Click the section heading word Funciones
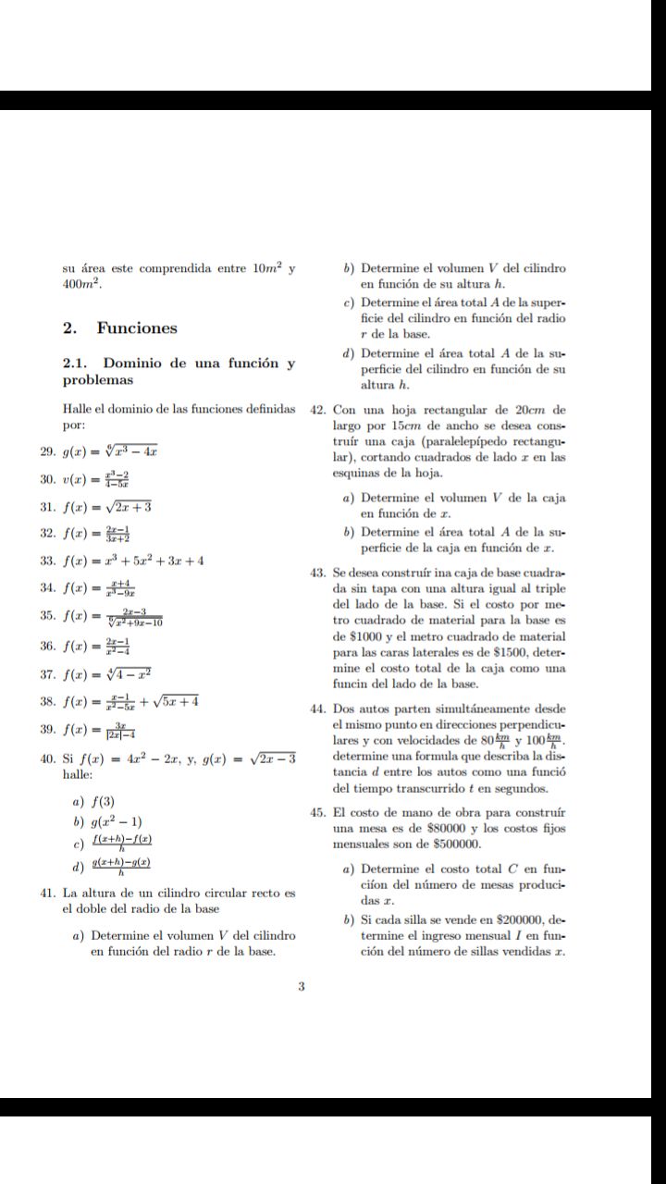[x=137, y=328]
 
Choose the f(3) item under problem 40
[x=102, y=801]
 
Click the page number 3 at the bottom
[x=302, y=986]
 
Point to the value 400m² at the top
[x=80, y=285]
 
